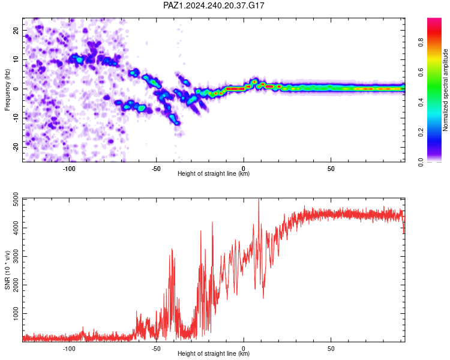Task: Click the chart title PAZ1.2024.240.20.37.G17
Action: tap(214, 5)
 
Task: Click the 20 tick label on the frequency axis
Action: tap(16, 30)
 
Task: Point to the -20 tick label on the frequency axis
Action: tap(16, 147)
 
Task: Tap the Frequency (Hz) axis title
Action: tap(7, 90)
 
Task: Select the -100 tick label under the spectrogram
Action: tap(69, 169)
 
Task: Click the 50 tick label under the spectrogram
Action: tap(331, 169)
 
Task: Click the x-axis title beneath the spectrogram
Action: tap(214, 173)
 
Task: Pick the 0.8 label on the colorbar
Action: tap(421, 43)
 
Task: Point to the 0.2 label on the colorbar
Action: tap(421, 133)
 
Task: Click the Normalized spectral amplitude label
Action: tap(445, 90)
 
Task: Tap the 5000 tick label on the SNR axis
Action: tap(16, 200)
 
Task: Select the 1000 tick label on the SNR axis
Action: tap(16, 313)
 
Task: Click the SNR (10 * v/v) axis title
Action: tap(7, 270)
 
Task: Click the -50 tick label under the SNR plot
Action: tap(156, 349)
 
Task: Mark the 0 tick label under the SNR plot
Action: tap(244, 349)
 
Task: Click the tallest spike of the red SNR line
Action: tap(259, 199)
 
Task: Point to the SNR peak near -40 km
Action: tap(172, 249)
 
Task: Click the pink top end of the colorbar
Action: tap(434, 19)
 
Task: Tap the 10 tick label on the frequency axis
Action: tap(16, 59)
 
